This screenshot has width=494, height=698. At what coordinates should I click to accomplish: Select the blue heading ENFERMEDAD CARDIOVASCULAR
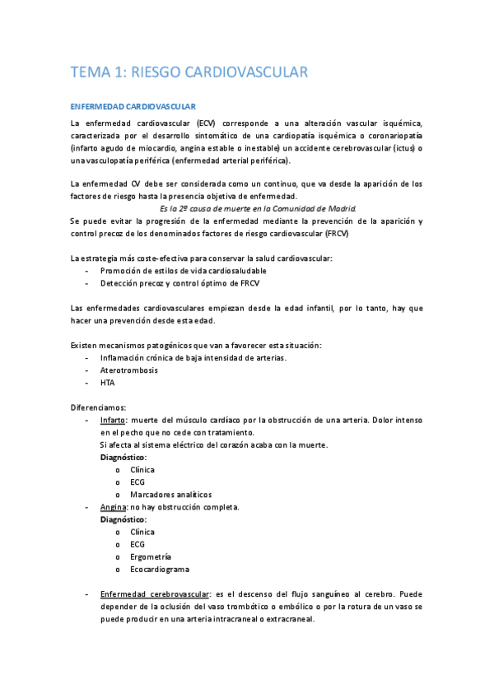[x=133, y=107]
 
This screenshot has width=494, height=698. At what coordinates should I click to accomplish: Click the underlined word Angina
[x=113, y=507]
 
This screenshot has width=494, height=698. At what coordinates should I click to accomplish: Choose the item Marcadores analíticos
[x=170, y=495]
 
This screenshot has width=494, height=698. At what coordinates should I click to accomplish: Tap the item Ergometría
[x=151, y=557]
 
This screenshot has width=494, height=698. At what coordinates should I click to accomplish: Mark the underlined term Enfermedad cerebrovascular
[x=154, y=594]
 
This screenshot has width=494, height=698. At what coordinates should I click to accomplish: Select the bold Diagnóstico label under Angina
[x=123, y=519]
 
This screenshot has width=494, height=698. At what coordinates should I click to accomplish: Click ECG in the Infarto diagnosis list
[x=137, y=482]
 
